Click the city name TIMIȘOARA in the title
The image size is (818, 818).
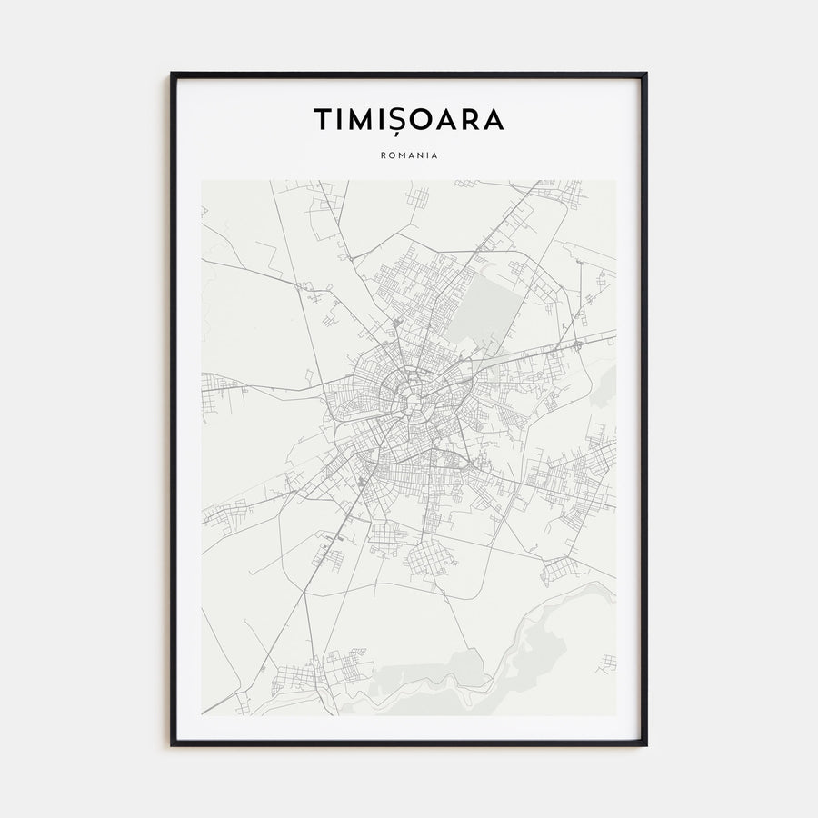408,120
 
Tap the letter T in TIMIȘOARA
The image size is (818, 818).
323,120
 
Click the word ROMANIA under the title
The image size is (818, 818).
409,155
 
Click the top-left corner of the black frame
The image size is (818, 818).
173,75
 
